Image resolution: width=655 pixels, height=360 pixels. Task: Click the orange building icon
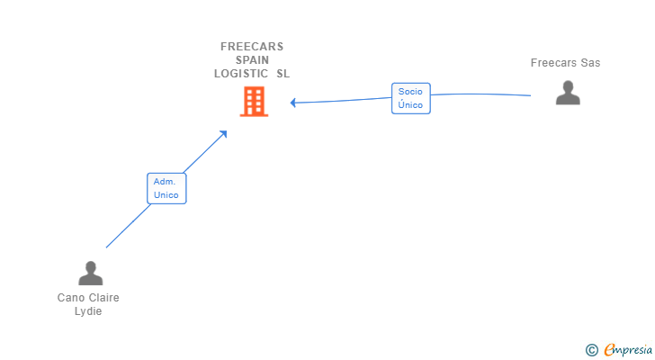[x=254, y=102]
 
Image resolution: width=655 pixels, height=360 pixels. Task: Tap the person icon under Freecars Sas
[x=568, y=93]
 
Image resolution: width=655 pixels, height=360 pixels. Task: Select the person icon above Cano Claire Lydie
[x=91, y=273]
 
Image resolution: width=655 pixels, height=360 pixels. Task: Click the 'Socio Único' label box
[x=410, y=98]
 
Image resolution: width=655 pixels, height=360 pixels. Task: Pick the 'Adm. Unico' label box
[x=166, y=188]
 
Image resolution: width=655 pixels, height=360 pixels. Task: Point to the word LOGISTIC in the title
[x=241, y=74]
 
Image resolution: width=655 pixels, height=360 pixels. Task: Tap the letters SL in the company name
[x=283, y=74]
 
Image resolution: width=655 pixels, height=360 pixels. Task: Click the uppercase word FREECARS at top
[x=252, y=47]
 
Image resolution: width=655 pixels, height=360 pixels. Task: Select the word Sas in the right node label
[x=590, y=63]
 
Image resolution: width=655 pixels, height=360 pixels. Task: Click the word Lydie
[x=88, y=311]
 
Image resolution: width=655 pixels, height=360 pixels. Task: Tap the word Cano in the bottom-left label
[x=70, y=298]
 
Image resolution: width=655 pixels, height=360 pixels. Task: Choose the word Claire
[x=103, y=298]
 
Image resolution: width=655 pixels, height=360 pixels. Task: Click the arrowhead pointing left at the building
[x=293, y=103]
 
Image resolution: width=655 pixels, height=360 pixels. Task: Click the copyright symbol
[x=591, y=349]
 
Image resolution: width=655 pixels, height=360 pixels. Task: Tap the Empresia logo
[x=626, y=349]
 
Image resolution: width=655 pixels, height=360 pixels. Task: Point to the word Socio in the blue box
[x=410, y=92]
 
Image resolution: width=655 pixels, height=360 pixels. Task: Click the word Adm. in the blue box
[x=164, y=182]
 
